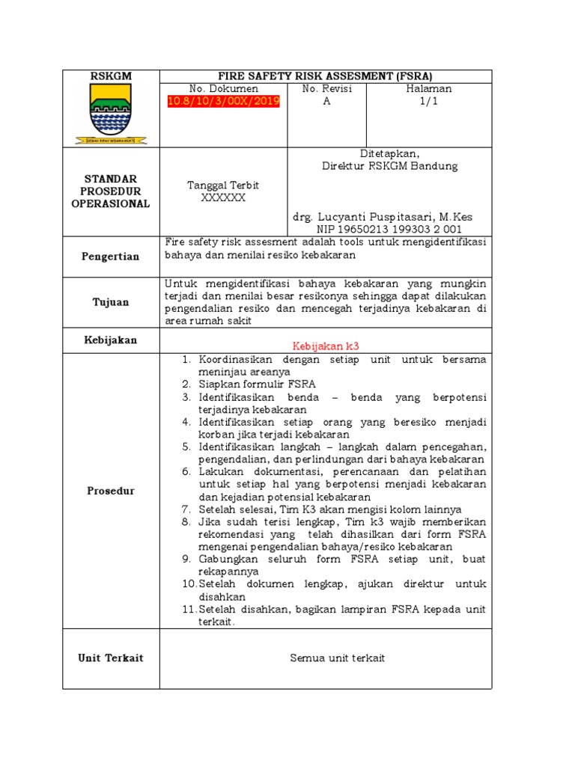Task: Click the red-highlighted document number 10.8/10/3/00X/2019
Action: (223, 102)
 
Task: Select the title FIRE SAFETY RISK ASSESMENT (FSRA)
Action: (325, 76)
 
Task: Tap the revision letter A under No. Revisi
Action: (326, 102)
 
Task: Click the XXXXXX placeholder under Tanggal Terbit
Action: (223, 198)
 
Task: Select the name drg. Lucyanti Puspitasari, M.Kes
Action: (383, 216)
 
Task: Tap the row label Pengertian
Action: (111, 257)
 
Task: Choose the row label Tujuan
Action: (111, 302)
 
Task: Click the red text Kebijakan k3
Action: (326, 346)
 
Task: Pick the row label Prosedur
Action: (111, 491)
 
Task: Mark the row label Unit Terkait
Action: (111, 658)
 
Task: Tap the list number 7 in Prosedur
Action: (187, 509)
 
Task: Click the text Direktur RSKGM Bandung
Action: (389, 166)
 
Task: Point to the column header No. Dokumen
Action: (223, 89)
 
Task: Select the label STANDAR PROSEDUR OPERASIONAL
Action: (111, 191)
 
